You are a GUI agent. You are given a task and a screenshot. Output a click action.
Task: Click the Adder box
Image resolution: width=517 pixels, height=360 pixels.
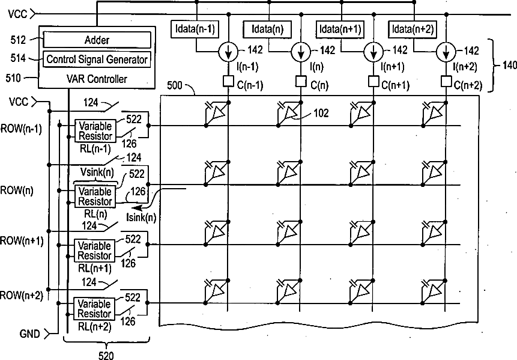pyautogui.click(x=97, y=40)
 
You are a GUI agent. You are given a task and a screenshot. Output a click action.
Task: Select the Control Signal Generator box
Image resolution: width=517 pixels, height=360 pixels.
pyautogui.click(x=97, y=59)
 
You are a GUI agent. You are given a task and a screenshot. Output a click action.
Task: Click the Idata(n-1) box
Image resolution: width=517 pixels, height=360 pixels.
pyautogui.click(x=195, y=29)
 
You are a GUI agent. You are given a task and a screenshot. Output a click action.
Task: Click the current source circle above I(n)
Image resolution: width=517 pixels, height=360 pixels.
pyautogui.click(x=300, y=52)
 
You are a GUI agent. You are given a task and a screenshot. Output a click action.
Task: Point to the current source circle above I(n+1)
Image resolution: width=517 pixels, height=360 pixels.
pyautogui.click(x=373, y=52)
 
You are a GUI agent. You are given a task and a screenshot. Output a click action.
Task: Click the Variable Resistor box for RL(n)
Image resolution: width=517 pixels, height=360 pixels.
pyautogui.click(x=94, y=195)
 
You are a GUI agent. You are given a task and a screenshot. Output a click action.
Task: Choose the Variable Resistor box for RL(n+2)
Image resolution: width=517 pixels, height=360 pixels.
pyautogui.click(x=94, y=309)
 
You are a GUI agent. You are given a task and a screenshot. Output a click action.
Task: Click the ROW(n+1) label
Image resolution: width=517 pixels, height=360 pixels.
pyautogui.click(x=21, y=241)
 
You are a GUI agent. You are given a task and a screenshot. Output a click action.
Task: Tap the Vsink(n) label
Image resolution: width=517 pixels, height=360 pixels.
pyautogui.click(x=96, y=172)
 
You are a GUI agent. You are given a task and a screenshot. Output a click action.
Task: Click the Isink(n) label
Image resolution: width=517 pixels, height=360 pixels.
pyautogui.click(x=142, y=217)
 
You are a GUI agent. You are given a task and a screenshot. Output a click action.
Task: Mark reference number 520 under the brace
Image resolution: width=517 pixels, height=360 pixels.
pyautogui.click(x=105, y=355)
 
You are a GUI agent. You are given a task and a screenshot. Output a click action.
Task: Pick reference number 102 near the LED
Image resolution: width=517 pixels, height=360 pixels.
pyautogui.click(x=321, y=112)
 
